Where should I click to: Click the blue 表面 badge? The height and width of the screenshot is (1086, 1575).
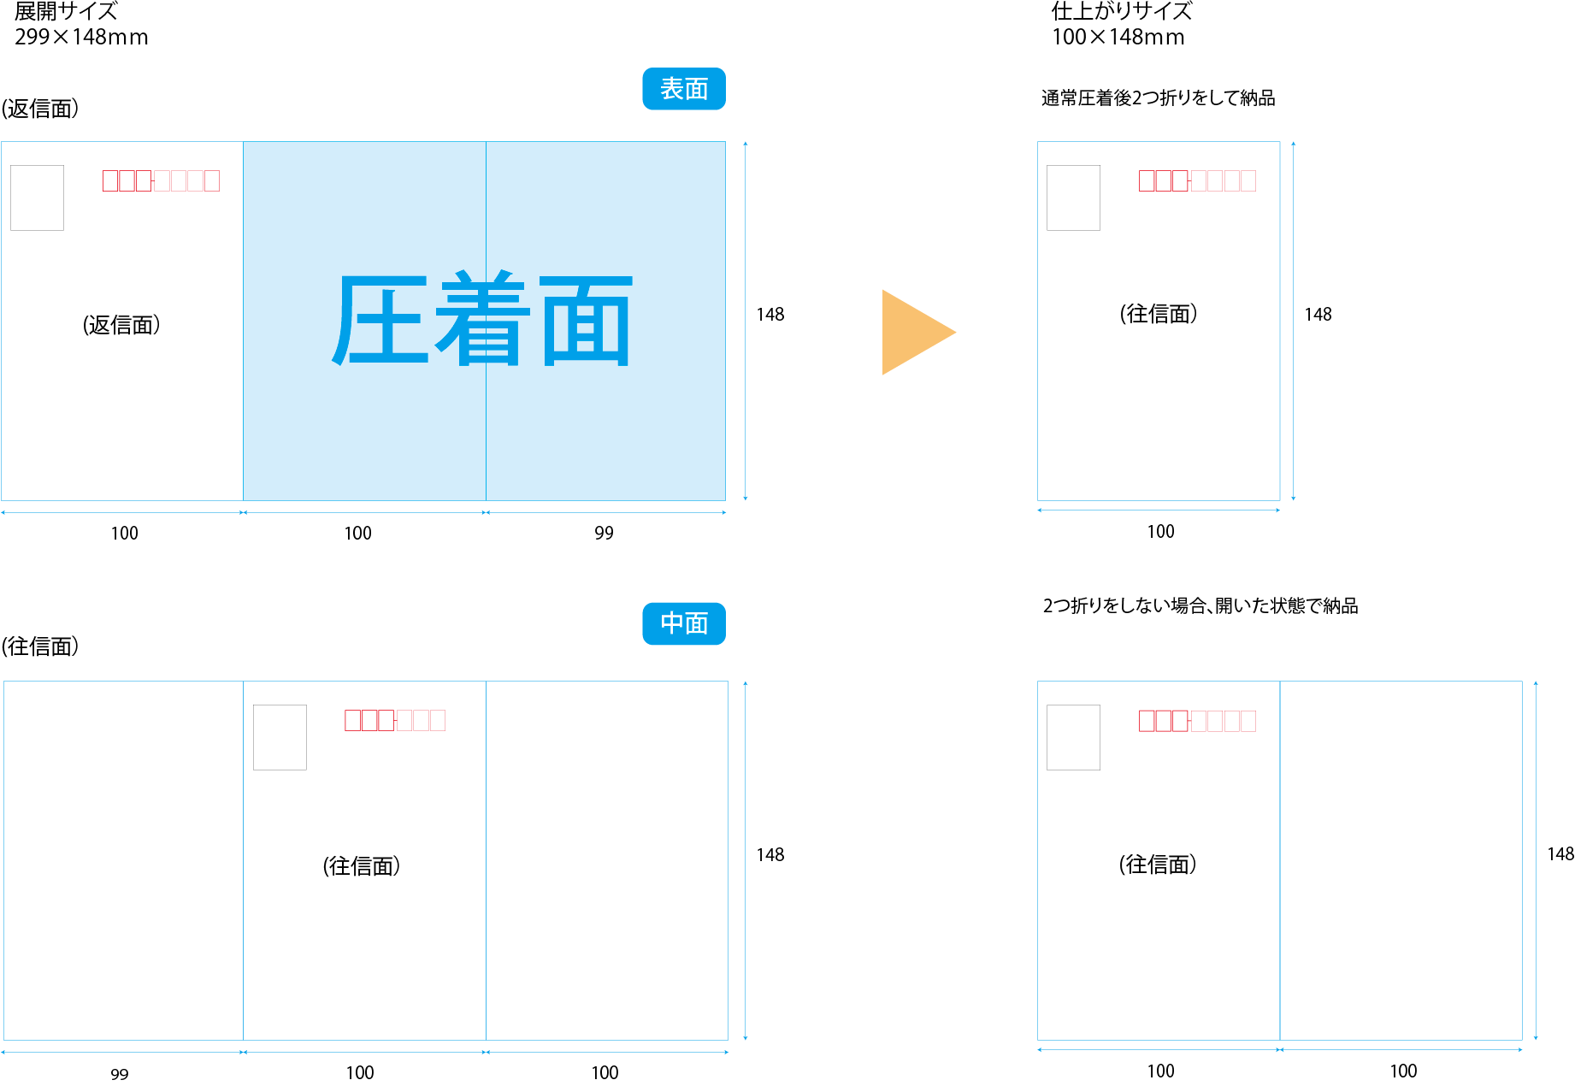683,89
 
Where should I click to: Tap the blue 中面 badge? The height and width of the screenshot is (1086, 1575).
683,623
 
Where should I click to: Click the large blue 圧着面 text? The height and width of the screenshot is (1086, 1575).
482,321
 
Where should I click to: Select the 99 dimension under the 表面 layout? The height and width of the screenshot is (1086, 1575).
604,533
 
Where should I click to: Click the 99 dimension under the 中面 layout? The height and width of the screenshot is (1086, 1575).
120,1073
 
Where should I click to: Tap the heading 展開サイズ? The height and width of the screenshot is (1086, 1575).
66,12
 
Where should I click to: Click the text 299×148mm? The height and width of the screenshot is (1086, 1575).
81,37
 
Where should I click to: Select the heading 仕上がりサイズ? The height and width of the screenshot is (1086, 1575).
1121,12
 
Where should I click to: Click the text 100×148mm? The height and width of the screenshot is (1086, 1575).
1118,37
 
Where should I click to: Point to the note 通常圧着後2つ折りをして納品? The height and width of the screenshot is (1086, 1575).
1158,98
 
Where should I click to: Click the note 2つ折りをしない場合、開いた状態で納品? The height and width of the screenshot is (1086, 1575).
1200,605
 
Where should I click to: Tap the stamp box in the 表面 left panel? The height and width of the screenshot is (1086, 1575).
37,198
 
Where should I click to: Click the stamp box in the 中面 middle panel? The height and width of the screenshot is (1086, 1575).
280,737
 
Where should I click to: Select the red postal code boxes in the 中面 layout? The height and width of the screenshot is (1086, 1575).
395,720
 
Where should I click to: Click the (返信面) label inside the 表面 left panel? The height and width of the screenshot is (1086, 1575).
121,325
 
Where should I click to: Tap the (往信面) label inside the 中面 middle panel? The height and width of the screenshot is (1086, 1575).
361,866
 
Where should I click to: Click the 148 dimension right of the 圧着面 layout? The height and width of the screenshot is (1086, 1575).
770,314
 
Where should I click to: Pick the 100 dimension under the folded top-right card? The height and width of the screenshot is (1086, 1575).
1160,531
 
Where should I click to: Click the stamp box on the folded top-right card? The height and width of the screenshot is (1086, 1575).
1073,198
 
